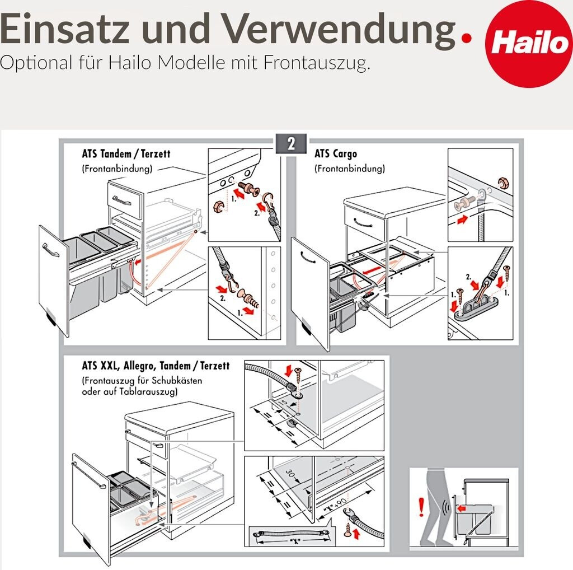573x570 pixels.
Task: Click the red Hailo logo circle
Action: click(529, 44)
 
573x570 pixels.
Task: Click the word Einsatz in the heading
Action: click(65, 29)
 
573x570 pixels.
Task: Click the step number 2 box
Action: click(291, 144)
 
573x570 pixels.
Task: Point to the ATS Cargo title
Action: click(336, 154)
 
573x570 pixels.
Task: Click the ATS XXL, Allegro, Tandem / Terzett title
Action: click(156, 366)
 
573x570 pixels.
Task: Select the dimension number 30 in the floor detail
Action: click(290, 474)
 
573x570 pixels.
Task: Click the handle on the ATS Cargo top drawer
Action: click(363, 223)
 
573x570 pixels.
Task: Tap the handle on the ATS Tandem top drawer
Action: click(121, 200)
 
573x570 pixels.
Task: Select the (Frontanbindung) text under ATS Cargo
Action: click(350, 169)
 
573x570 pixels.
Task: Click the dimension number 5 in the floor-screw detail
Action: click(285, 403)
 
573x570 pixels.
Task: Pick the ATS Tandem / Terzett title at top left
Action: click(126, 154)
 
